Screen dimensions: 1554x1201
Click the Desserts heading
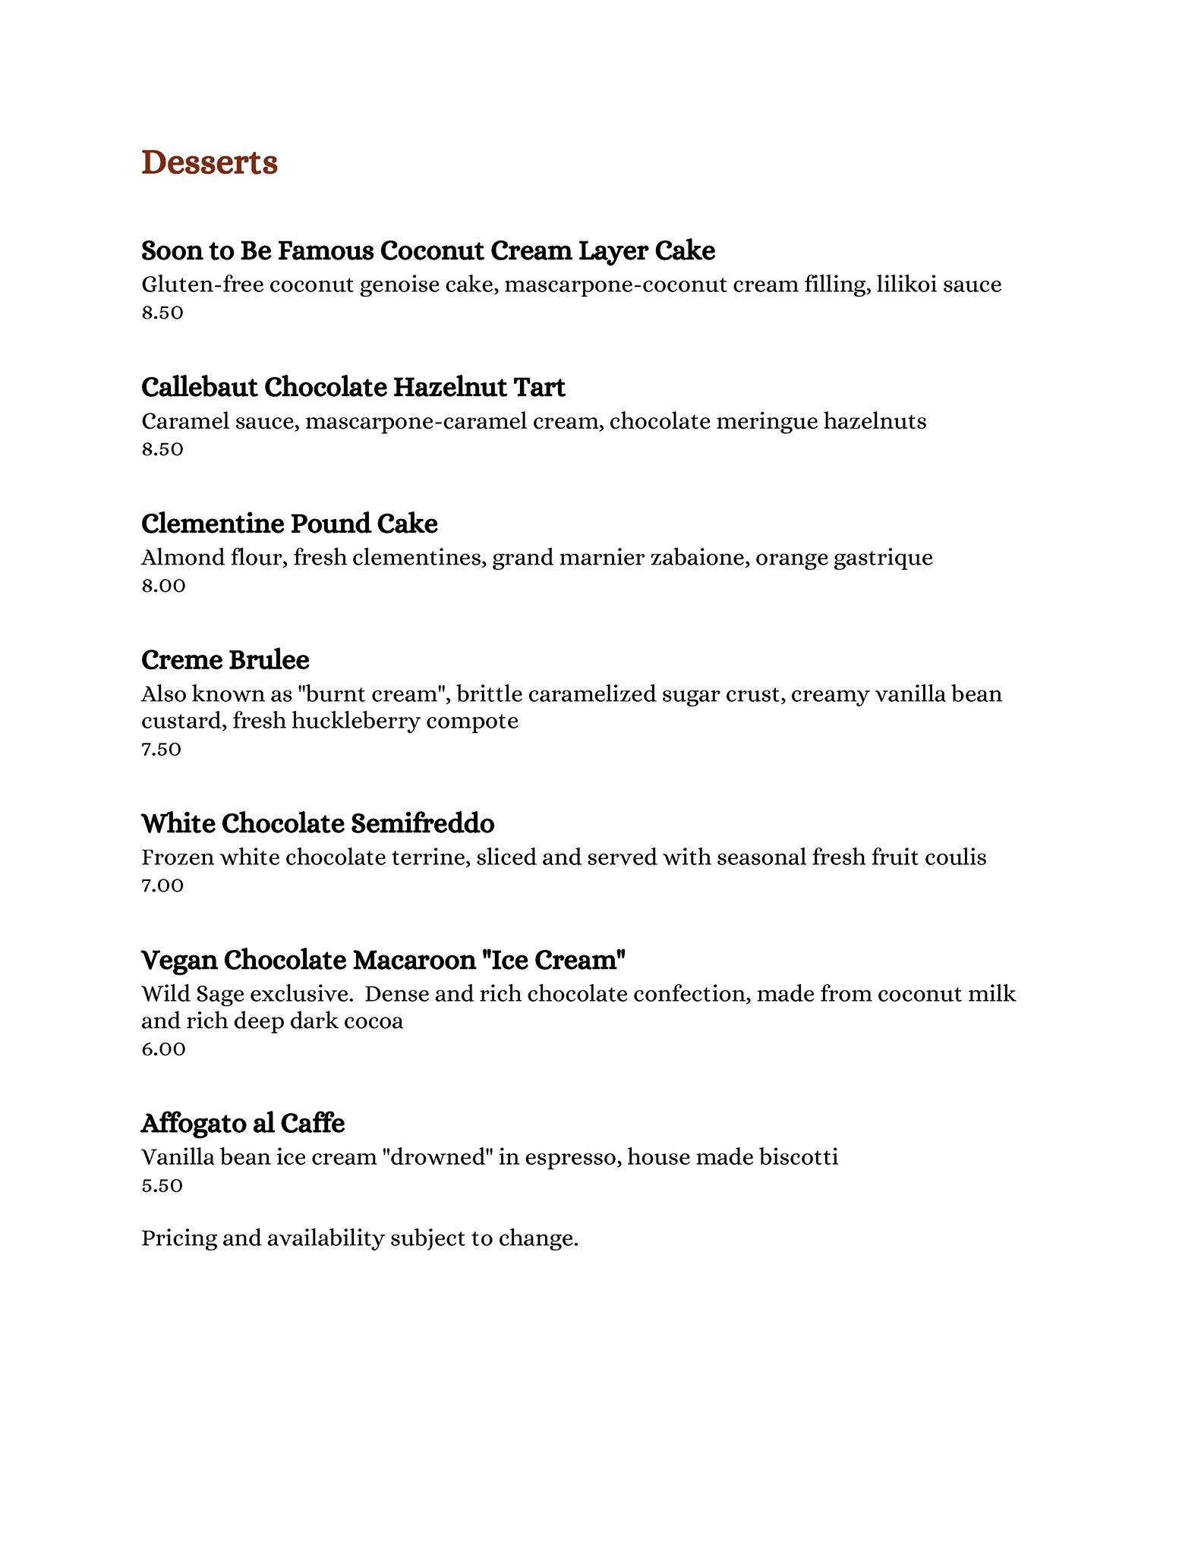210,163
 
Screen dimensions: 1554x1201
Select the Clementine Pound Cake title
289,524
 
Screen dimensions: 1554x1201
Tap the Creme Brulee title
225,660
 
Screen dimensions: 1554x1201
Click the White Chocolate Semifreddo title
317,823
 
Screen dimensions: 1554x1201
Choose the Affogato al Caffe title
243,1123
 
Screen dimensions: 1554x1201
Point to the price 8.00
163,586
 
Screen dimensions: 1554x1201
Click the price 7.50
161,750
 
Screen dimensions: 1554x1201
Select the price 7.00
162,886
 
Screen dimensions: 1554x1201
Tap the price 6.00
163,1049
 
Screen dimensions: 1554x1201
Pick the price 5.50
162,1186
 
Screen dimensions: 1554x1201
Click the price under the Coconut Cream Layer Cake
162,313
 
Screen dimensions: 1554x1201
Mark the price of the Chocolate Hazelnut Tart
162,449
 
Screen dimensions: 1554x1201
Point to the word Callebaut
199,387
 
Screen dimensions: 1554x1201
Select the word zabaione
698,558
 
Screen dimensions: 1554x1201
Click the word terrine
430,857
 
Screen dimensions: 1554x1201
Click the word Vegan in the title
179,961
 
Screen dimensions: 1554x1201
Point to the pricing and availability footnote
360,1238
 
